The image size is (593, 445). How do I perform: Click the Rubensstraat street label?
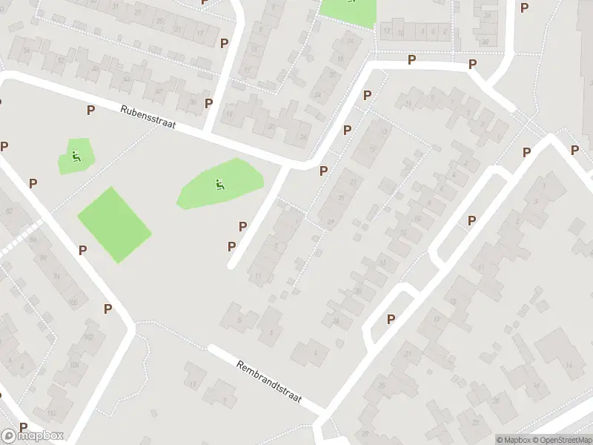(x=148, y=118)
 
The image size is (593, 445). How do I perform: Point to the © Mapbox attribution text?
(x=514, y=440)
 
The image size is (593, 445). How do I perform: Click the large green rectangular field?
(x=114, y=224)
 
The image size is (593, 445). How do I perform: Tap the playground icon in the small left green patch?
(x=76, y=156)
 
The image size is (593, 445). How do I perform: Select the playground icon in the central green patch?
(x=219, y=184)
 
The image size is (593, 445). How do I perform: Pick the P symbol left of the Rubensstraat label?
(x=90, y=111)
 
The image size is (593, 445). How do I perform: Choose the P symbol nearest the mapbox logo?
(x=23, y=427)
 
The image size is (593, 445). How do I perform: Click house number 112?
(x=51, y=412)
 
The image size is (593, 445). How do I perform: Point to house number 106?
(x=74, y=365)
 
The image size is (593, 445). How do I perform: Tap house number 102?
(x=90, y=337)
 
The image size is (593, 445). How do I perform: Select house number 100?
(x=72, y=302)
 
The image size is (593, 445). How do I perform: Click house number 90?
(x=43, y=258)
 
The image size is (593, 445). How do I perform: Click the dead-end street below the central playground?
(x=256, y=219)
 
